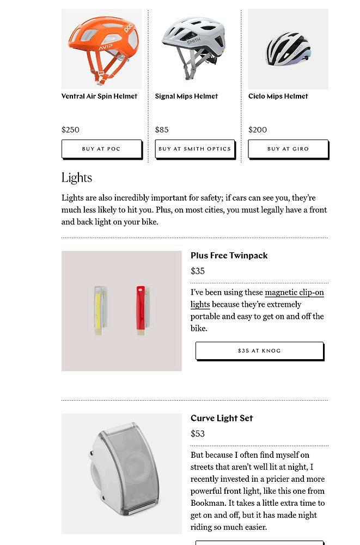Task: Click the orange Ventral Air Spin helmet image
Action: click(x=102, y=49)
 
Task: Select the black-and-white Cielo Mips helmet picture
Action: click(x=288, y=49)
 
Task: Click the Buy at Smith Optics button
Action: click(x=194, y=149)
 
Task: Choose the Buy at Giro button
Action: click(x=288, y=149)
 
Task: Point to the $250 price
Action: click(x=71, y=130)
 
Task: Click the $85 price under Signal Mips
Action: click(x=162, y=130)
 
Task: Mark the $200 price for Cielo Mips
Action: click(x=258, y=130)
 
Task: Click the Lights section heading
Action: click(x=77, y=178)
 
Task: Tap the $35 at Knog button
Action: click(x=259, y=351)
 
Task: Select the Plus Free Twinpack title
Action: click(x=229, y=256)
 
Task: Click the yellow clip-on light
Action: click(x=99, y=309)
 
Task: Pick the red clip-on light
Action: click(x=142, y=308)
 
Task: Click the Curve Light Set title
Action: click(x=222, y=418)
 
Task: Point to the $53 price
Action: click(x=198, y=434)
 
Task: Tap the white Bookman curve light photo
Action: click(x=121, y=473)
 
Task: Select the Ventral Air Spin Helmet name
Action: click(x=99, y=96)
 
